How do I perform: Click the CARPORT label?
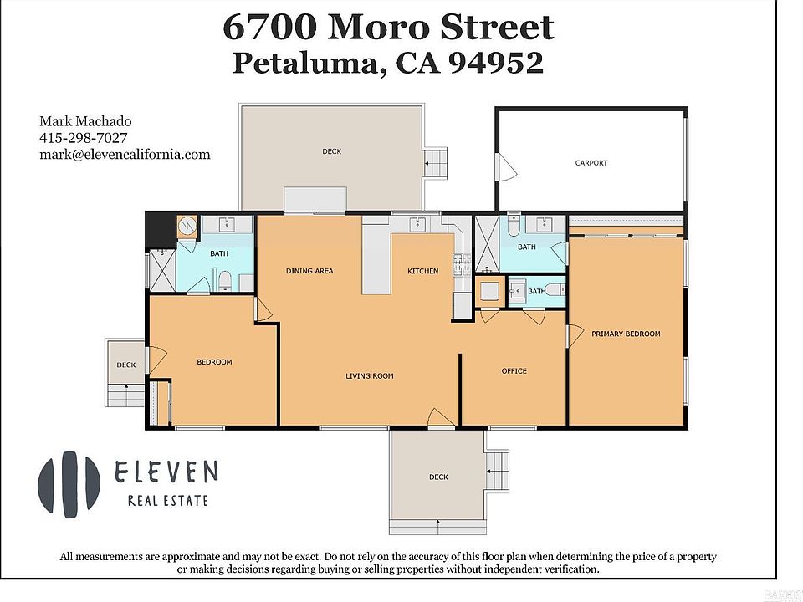[591, 163]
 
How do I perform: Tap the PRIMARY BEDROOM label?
[626, 334]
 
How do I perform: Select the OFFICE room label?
[514, 371]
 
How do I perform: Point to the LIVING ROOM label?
[369, 375]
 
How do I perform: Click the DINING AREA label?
[309, 271]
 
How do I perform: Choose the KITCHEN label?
[422, 271]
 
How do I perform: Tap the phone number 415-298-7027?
[84, 138]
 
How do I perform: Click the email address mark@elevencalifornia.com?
[125, 154]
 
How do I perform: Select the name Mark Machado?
[85, 121]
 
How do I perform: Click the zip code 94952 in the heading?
[496, 63]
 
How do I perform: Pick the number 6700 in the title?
[269, 27]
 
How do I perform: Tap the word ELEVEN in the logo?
[166, 471]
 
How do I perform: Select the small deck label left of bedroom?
[126, 365]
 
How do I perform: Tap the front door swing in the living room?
[441, 417]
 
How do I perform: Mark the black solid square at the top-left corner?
[161, 230]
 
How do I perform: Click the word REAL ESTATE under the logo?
[168, 500]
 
